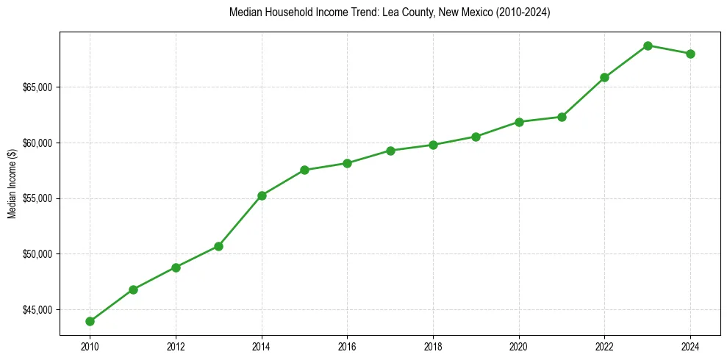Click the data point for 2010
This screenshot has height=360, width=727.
tap(90, 321)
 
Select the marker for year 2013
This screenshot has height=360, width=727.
tap(218, 246)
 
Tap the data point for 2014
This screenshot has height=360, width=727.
tap(262, 195)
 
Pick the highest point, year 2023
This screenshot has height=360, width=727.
tap(648, 46)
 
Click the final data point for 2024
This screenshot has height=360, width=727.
tap(690, 54)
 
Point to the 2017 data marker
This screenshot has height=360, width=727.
tap(390, 151)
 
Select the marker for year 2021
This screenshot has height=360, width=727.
tap(562, 117)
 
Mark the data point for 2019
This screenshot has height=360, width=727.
tap(476, 137)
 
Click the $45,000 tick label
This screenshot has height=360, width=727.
tap(38, 309)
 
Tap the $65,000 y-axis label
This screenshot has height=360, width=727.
tap(38, 87)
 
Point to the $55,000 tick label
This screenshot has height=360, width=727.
tap(38, 198)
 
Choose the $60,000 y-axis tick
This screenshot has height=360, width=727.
tap(38, 143)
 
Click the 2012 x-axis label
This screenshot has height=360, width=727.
tap(176, 346)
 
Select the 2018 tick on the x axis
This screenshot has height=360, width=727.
tap(433, 346)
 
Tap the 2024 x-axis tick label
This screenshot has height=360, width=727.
tap(690, 346)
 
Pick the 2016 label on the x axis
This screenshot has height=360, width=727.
tap(347, 346)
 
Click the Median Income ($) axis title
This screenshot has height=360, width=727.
tap(12, 184)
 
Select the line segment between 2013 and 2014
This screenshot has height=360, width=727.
tap(240, 220)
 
